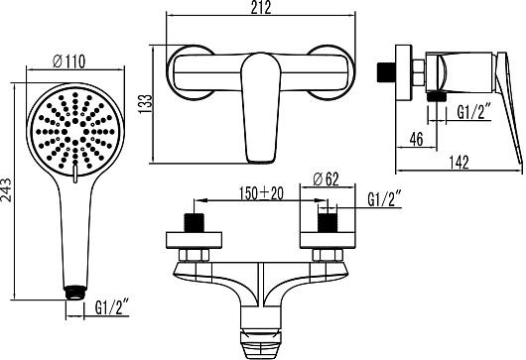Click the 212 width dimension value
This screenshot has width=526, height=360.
[x=261, y=8]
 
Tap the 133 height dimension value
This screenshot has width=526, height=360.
[x=145, y=104]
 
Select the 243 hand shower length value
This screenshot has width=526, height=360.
[x=6, y=190]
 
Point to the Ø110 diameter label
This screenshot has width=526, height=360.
[x=68, y=61]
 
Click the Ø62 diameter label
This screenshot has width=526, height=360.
[x=326, y=179]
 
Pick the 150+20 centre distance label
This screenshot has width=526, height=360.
[x=261, y=193]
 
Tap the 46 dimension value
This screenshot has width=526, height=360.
[x=416, y=139]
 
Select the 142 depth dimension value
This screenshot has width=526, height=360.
[x=459, y=163]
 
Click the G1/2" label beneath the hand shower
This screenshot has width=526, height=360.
[x=112, y=307]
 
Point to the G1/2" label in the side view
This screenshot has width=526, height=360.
[x=474, y=112]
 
